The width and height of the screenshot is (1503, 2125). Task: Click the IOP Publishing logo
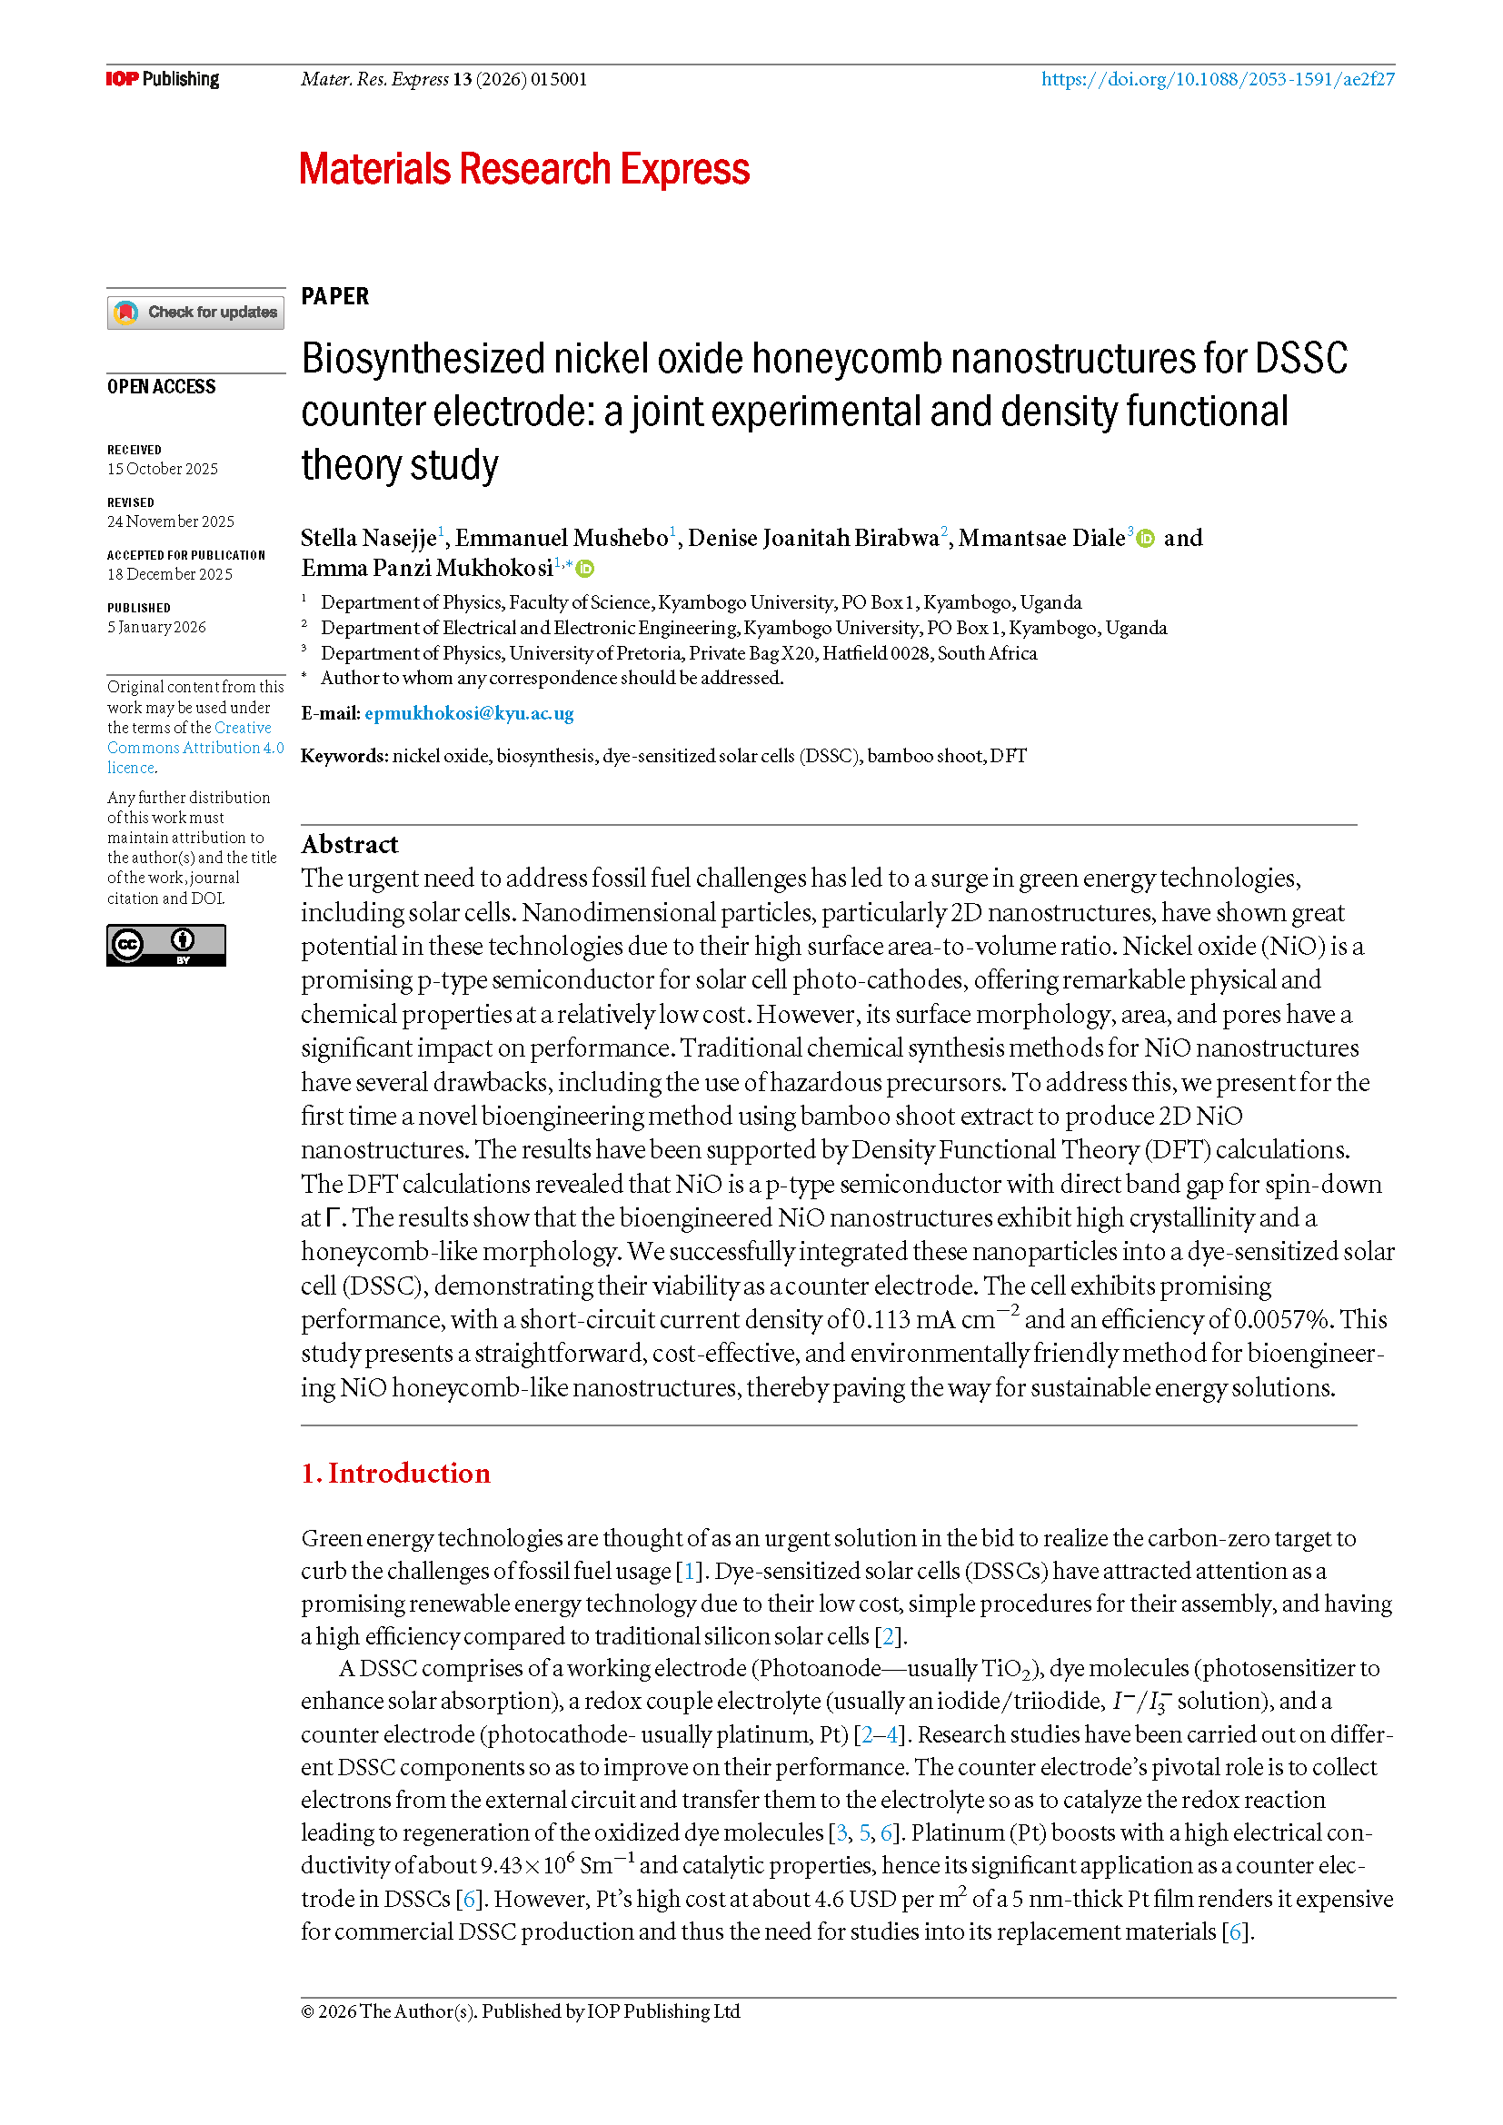[162, 79]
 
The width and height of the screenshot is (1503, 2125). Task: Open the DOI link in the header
[1217, 79]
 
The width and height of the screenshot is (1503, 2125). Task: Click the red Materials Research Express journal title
[523, 169]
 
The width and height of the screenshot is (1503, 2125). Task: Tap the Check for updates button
[195, 312]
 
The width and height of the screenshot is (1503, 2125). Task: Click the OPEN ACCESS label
[161, 387]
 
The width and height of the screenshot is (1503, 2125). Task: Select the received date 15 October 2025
[163, 469]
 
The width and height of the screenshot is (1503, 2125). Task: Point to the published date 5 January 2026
[156, 628]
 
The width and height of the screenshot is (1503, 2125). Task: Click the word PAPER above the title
[335, 296]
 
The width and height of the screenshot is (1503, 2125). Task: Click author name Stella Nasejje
[368, 538]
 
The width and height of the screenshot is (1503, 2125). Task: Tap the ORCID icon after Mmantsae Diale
[1146, 539]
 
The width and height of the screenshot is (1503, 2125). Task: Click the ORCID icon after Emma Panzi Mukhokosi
[585, 568]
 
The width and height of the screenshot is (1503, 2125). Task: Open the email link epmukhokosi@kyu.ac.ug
[469, 712]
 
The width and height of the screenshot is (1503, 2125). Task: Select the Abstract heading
[350, 844]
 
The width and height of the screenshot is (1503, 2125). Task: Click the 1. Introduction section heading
[395, 1473]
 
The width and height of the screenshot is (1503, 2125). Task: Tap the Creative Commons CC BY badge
[165, 945]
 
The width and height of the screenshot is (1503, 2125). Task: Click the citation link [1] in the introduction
[689, 1571]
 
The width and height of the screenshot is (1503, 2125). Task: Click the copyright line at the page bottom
[520, 2011]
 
